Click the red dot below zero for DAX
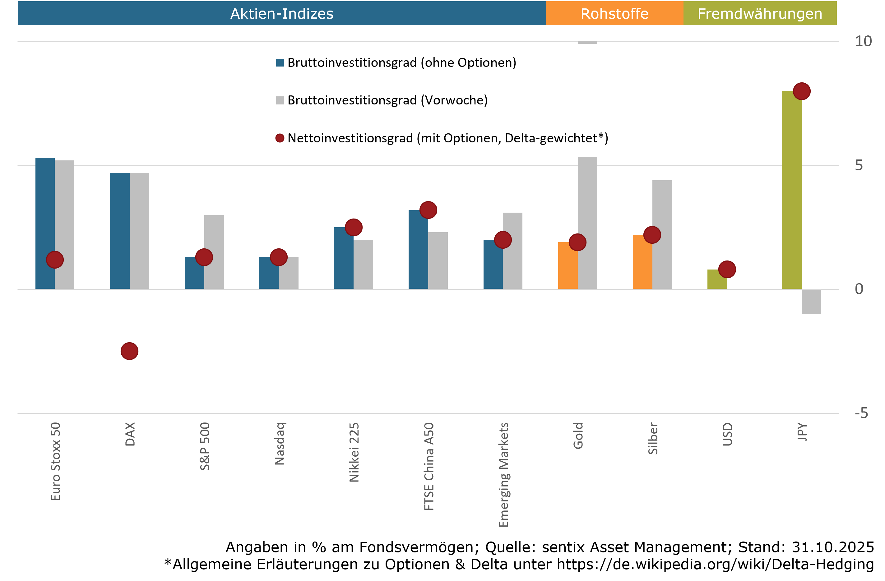[129, 351]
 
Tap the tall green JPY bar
[791, 193]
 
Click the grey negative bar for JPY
[811, 302]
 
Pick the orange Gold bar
[568, 265]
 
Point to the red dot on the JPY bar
[801, 91]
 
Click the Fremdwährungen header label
[760, 14]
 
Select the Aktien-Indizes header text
[281, 14]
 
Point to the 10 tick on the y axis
[863, 41]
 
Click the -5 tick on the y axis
[861, 413]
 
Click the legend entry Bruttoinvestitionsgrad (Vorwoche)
[387, 100]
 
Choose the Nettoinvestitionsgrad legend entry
[447, 138]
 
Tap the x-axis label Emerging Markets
[503, 474]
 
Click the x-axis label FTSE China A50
[429, 466]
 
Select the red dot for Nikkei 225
[353, 227]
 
